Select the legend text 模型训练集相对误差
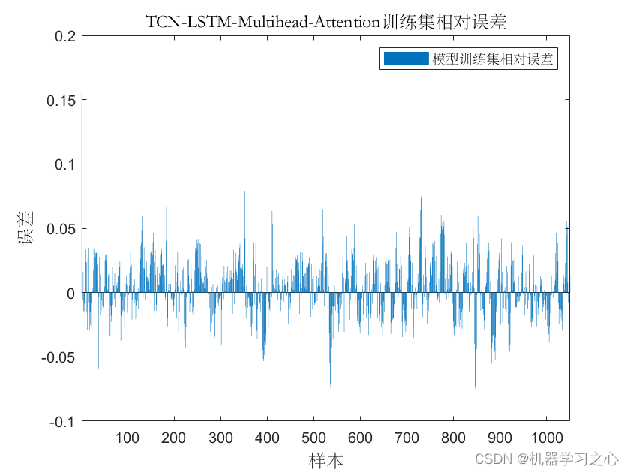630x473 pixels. pyautogui.click(x=492, y=59)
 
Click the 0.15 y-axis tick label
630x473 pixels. pyautogui.click(x=61, y=100)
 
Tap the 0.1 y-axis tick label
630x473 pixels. pyautogui.click(x=65, y=164)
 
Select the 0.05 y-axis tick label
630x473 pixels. pyautogui.click(x=61, y=228)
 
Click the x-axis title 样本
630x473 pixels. pyautogui.click(x=326, y=459)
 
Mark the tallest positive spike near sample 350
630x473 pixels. pyautogui.click(x=244, y=192)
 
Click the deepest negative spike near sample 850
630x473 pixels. pyautogui.click(x=475, y=387)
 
